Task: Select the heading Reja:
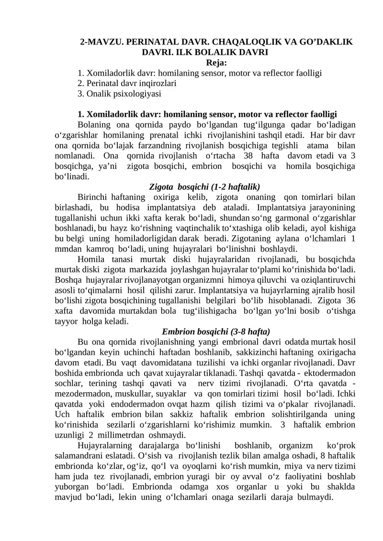pyautogui.click(x=216, y=63)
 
